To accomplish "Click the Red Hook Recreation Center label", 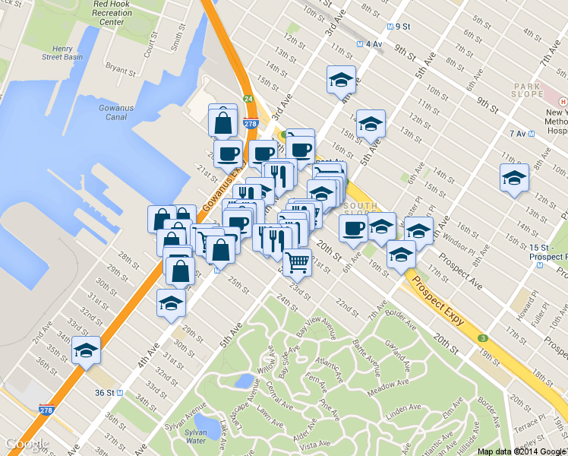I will pyautogui.click(x=112, y=13).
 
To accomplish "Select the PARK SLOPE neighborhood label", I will pyautogui.click(x=529, y=90).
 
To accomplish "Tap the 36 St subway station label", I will pyautogui.click(x=109, y=393).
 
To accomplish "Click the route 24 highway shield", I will pyautogui.click(x=248, y=98).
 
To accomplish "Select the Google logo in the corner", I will pyautogui.click(x=26, y=443).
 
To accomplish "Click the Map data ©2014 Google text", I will pyautogui.click(x=522, y=451).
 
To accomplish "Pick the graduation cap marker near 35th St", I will pyautogui.click(x=87, y=351).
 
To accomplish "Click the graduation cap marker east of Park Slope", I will pyautogui.click(x=514, y=179).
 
